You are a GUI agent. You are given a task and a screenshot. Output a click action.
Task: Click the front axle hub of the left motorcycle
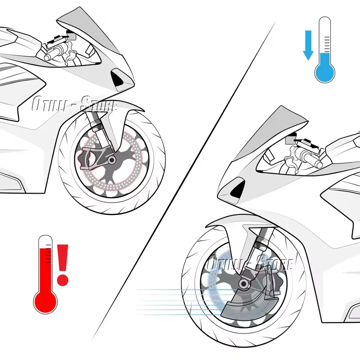(x=111, y=160)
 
